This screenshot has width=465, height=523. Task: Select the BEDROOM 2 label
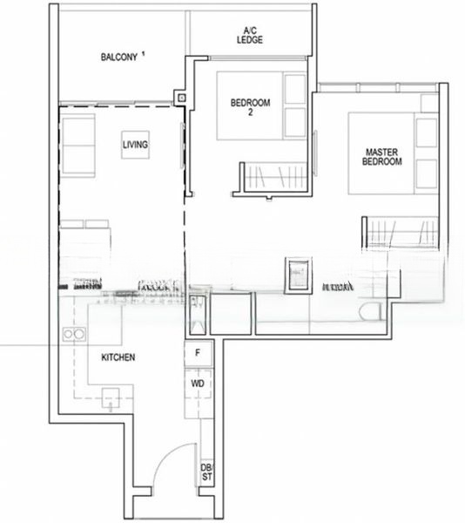point(250,106)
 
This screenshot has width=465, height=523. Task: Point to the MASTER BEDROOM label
point(382,157)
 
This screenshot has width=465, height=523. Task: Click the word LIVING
point(135,145)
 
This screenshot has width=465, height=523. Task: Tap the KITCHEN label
point(118,358)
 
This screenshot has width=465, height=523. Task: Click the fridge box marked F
point(198,353)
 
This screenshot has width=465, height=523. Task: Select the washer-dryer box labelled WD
point(198,383)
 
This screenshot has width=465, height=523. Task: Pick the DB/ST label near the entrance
point(207,472)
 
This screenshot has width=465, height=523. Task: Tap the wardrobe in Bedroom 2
point(274,179)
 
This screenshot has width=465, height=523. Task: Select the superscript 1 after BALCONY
point(145,54)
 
